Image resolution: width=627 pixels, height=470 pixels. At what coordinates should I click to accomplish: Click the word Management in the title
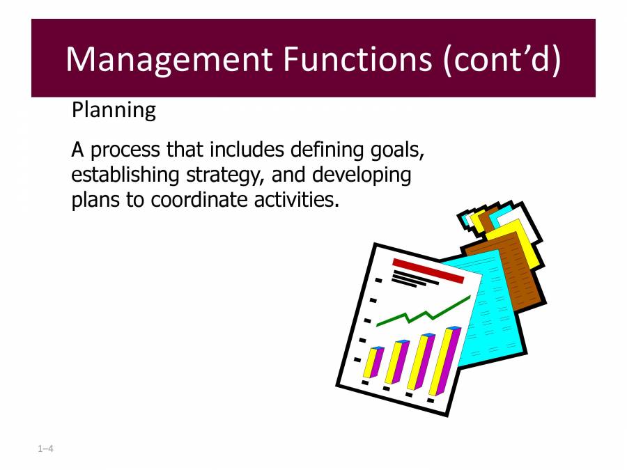tap(170, 59)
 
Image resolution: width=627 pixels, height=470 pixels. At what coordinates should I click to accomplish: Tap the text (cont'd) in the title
tap(501, 59)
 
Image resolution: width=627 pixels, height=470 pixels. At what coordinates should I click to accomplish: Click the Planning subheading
tap(114, 110)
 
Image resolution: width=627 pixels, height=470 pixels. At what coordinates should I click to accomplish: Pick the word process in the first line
tap(126, 150)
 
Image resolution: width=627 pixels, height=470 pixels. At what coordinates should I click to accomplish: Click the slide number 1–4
tap(46, 449)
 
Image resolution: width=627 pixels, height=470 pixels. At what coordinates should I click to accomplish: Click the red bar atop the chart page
tap(428, 270)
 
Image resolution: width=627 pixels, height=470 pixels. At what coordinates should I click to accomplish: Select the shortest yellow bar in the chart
tap(372, 363)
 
